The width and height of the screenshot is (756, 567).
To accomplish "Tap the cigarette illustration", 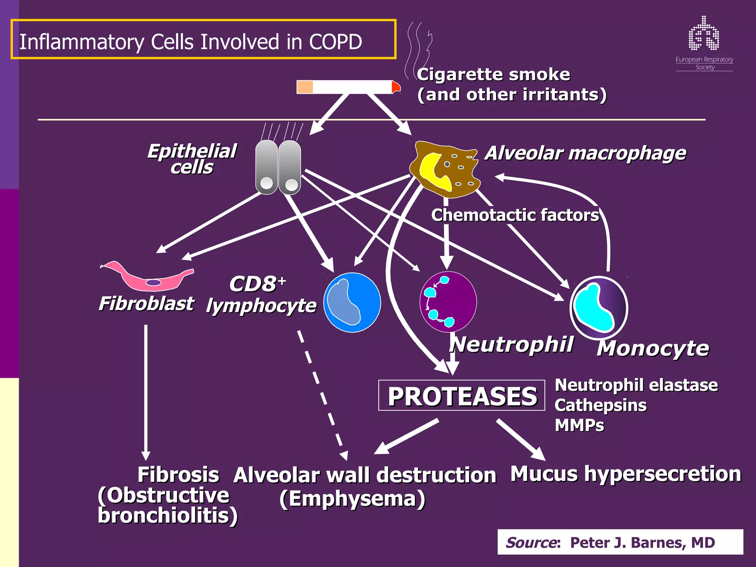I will coord(347,87).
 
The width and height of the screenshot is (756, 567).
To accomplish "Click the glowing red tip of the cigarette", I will coord(396,87).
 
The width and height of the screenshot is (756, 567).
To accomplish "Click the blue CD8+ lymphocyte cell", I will coord(352,302).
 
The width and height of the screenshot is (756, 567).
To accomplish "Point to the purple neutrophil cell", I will coord(448,302).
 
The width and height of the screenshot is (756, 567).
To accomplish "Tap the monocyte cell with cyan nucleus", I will coord(599,307).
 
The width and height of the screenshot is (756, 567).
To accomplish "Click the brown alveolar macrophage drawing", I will coord(445,169).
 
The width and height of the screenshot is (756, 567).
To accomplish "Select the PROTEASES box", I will coord(462,395).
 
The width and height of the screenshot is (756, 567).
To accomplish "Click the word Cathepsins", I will coord(600,405).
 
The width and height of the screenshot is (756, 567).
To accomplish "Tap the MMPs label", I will coord(579,425).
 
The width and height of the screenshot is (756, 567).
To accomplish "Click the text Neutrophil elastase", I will coord(636,385).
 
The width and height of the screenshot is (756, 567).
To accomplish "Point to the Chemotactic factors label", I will coord(515,215).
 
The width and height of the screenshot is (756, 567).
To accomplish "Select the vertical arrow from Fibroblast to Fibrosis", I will coord(146,391).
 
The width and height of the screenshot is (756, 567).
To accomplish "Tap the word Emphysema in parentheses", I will coord(353,499).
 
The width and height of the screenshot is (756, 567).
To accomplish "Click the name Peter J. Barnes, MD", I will coord(642,542).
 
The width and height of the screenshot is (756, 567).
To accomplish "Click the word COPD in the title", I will coord(335,42).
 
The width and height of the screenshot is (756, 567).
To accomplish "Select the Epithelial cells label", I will coord(192,159).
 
